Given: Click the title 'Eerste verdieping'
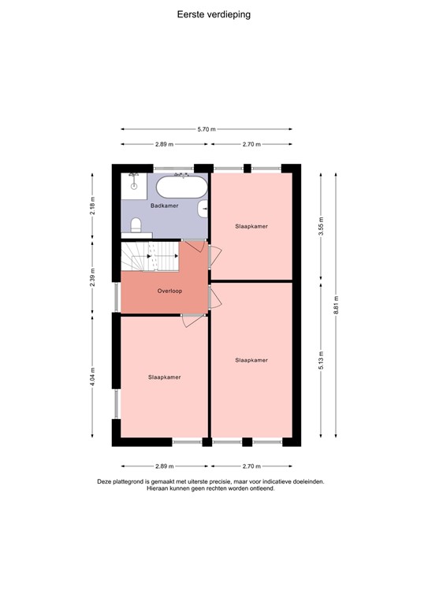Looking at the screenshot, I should pos(214,14).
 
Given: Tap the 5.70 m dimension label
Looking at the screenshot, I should pos(207,129).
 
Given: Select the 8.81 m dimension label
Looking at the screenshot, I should pos(337,308).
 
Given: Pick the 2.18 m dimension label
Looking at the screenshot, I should pos(93,206).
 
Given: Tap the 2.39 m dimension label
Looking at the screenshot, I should pos(93,279).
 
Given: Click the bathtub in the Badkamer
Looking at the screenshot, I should pos(181,188).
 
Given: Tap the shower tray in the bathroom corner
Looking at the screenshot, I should pos(134,182).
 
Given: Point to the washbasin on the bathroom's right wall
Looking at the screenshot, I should pos(204,209).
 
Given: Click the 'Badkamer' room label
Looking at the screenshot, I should pos(164,206).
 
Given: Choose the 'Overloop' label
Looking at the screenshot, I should pos(169,291).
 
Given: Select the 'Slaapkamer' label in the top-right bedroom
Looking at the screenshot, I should pos(251,226).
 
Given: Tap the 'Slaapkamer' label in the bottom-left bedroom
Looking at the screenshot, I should pos(164,377).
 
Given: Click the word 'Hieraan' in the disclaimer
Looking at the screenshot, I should pos(158,488).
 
